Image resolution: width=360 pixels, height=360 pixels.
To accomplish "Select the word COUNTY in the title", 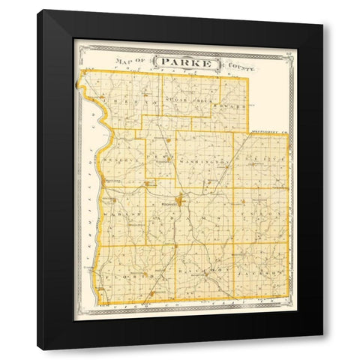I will coord(239,66).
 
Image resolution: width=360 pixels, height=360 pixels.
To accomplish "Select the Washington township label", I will coord(203,160).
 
